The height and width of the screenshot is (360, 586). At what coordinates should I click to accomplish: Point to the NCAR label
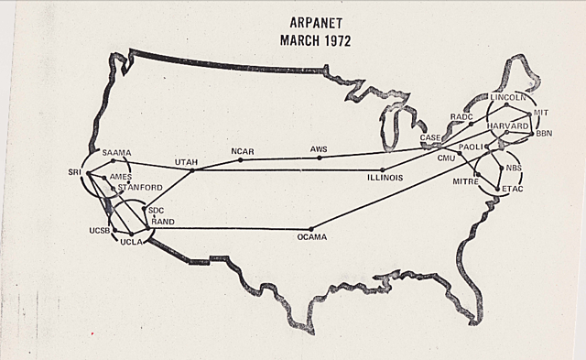click(x=244, y=150)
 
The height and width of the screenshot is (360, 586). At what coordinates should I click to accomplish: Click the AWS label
click(x=319, y=147)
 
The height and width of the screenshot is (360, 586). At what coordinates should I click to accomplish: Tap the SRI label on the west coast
click(x=75, y=171)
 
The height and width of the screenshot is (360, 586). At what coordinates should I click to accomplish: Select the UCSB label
click(x=100, y=230)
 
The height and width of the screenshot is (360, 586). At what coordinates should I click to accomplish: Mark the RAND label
click(x=163, y=222)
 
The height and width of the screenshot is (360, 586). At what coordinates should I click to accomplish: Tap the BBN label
click(x=546, y=134)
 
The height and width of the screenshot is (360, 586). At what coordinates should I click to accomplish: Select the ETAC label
click(x=513, y=189)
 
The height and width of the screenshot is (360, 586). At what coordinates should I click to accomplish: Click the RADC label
click(x=461, y=117)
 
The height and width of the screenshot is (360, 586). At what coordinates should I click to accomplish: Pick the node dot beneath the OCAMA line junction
click(x=311, y=228)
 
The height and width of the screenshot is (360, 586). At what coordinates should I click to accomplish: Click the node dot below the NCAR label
click(x=241, y=160)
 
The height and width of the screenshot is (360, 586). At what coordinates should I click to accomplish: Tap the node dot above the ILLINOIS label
click(x=383, y=169)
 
